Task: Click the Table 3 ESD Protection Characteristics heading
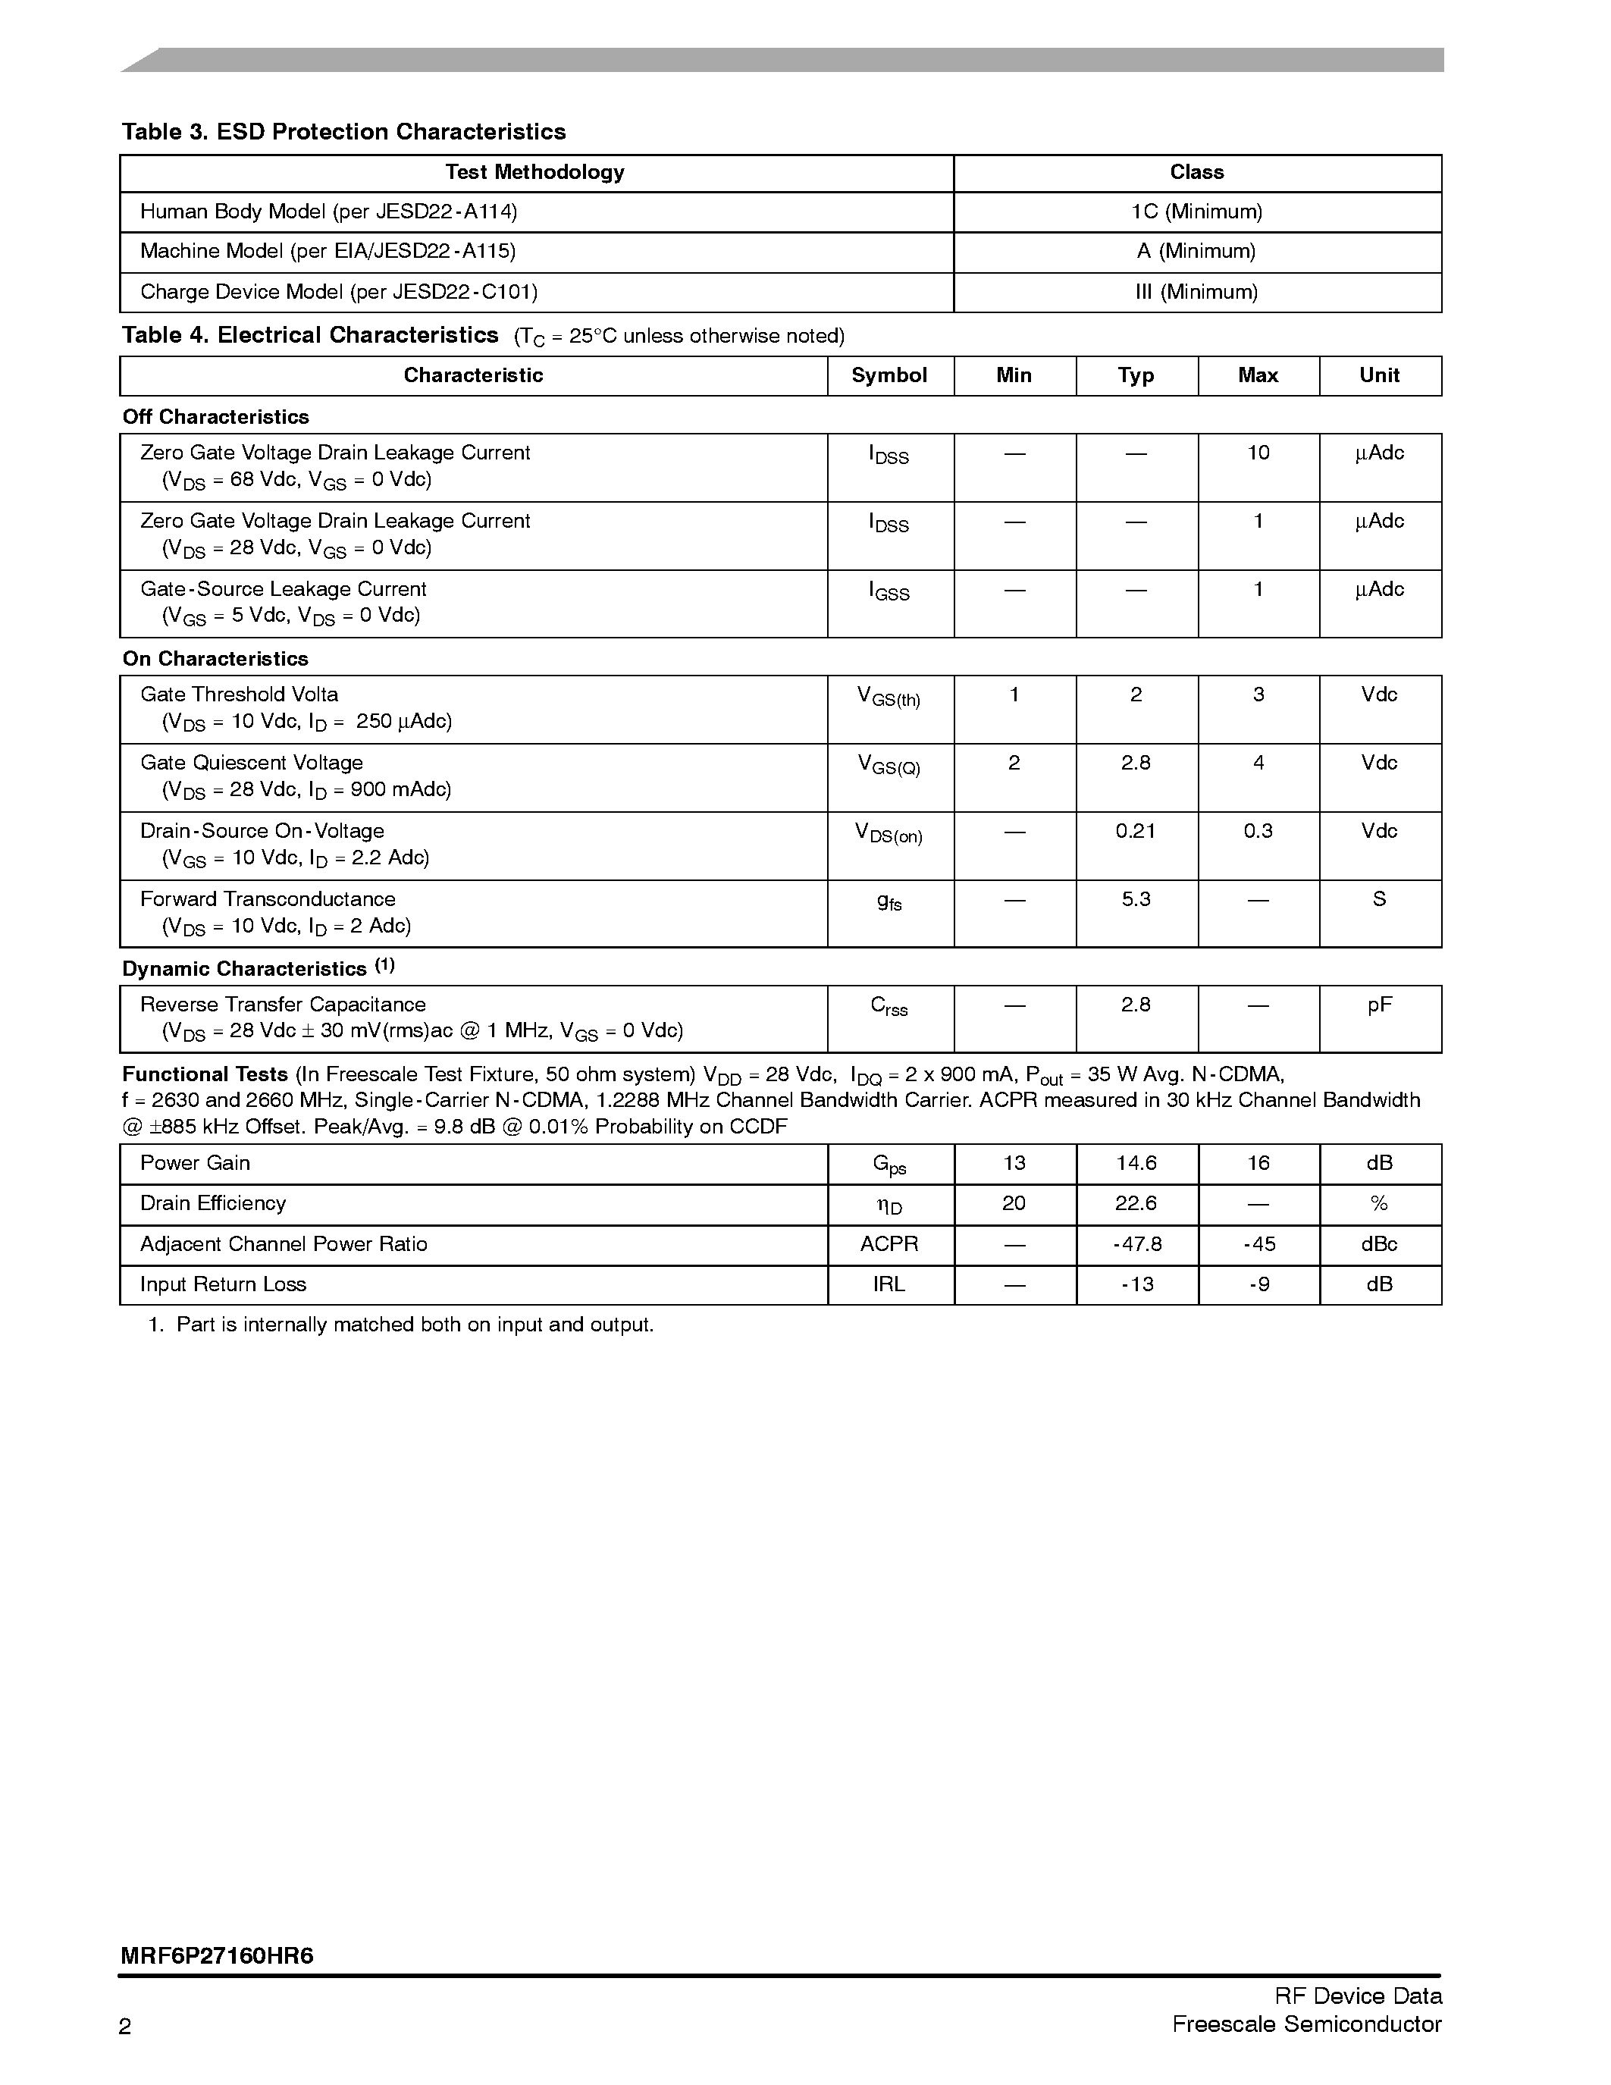(343, 132)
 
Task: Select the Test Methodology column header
(534, 173)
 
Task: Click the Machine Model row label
(328, 252)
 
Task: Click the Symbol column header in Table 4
(889, 376)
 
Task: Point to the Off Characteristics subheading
(216, 417)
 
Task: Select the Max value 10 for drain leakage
(1258, 453)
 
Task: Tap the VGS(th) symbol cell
(889, 698)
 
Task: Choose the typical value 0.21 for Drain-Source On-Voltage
(1135, 832)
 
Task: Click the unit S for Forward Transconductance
(1378, 899)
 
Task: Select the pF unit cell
(1378, 1005)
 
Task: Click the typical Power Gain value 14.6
(1135, 1164)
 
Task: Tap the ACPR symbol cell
(889, 1245)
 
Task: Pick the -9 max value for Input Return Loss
(1258, 1285)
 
